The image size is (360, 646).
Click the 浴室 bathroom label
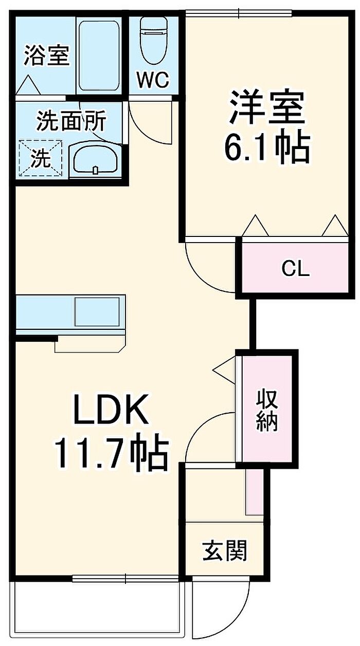[x=46, y=56]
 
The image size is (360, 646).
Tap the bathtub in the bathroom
[x=99, y=56]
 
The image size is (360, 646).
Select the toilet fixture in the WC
[x=153, y=41]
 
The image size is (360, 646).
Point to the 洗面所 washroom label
[x=71, y=121]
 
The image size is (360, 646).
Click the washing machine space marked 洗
[x=41, y=158]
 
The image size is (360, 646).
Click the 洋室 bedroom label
[x=267, y=107]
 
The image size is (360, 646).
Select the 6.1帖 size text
[x=267, y=147]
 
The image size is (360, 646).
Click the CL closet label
[x=295, y=269]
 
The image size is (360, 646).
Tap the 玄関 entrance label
[x=225, y=550]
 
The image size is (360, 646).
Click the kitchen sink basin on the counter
[x=97, y=312]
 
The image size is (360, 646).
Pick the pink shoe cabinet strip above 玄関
[x=254, y=491]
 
